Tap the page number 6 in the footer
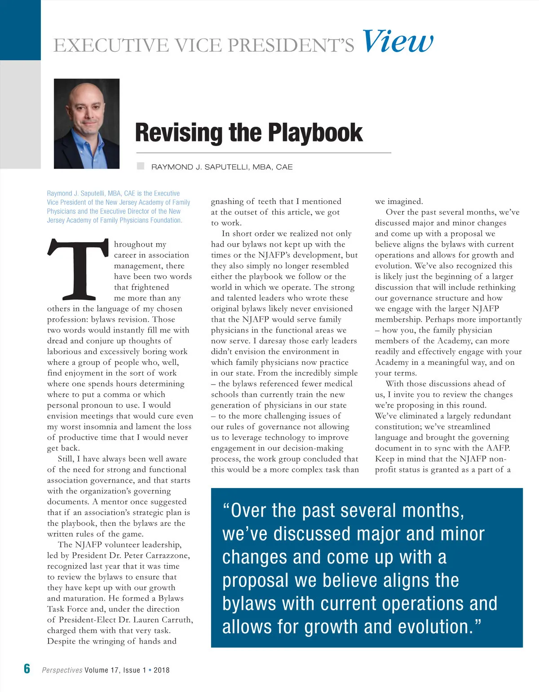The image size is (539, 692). click(x=27, y=669)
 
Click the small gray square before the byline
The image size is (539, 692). click(x=141, y=166)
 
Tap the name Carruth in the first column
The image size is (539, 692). click(x=177, y=620)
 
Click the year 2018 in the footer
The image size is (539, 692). click(x=162, y=670)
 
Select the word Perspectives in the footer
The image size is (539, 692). click(x=62, y=670)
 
